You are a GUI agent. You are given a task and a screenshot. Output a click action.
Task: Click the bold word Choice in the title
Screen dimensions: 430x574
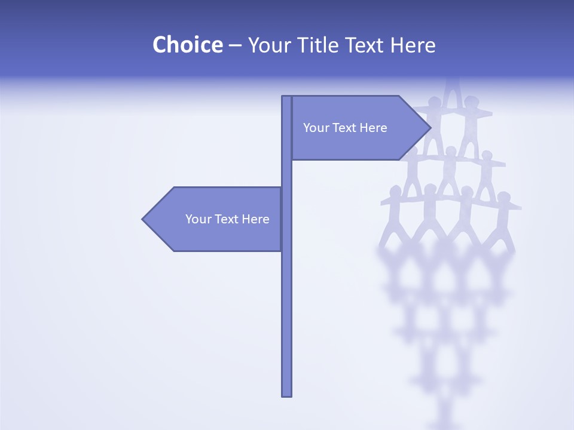coord(187,45)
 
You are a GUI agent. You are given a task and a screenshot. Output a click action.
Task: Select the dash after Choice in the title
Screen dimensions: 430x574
coord(235,45)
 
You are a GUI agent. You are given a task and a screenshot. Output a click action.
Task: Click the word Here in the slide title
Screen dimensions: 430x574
coord(413,45)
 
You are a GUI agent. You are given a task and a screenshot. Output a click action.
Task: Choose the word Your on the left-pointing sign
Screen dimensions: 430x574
coord(197,219)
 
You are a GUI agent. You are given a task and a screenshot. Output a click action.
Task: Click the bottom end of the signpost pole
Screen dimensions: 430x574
coord(286,394)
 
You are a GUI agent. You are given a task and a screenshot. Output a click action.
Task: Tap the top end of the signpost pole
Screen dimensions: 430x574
coord(286,98)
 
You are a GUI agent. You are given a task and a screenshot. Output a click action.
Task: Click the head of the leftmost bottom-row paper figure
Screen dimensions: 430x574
coord(395,191)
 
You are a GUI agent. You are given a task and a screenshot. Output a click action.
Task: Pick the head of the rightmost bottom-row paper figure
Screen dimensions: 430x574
coord(504,196)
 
